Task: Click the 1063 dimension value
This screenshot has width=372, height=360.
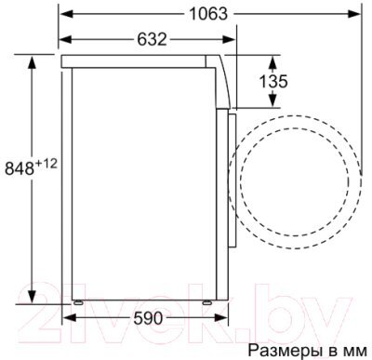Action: (208, 14)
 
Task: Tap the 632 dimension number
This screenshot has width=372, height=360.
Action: (152, 39)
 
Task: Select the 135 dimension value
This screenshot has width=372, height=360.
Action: (273, 82)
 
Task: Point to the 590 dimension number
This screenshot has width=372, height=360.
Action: (148, 318)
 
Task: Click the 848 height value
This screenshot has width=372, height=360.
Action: (19, 168)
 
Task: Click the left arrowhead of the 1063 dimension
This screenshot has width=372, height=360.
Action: (66, 14)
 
